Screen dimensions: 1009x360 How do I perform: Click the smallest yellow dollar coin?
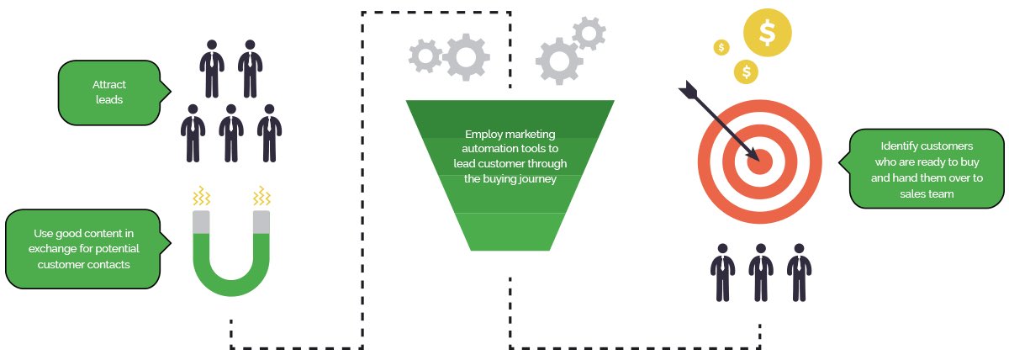(x=721, y=47)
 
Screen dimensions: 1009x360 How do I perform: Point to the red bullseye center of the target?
(x=759, y=159)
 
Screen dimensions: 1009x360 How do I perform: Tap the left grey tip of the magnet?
(x=202, y=221)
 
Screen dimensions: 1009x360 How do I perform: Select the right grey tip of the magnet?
(x=261, y=221)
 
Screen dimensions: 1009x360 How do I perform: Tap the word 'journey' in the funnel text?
(x=536, y=178)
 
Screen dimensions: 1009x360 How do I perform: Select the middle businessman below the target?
(x=760, y=271)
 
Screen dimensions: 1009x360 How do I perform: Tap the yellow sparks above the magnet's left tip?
(x=202, y=197)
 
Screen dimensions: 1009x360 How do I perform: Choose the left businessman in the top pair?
(x=211, y=67)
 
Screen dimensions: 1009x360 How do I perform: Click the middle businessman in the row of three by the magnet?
(x=231, y=132)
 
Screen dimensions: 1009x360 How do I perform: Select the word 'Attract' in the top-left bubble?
(x=108, y=84)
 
